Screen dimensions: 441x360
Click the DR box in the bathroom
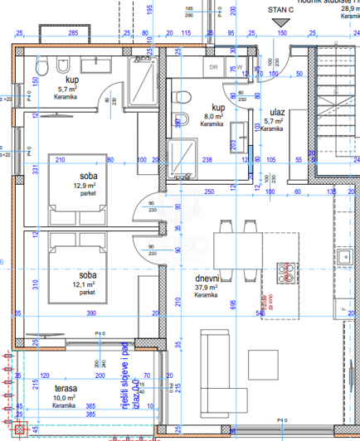point(212,67)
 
